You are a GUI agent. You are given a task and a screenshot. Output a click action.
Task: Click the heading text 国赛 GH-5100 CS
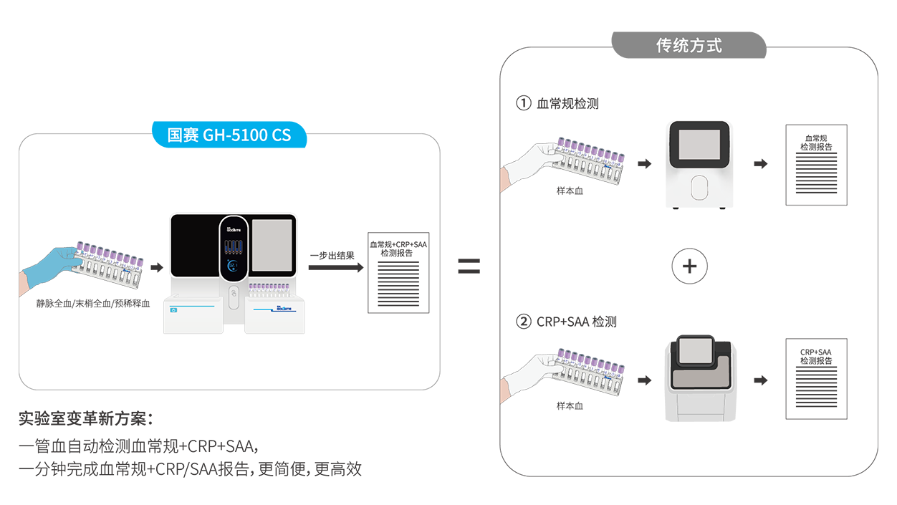(x=229, y=135)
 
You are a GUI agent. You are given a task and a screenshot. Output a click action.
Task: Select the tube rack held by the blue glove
(x=111, y=263)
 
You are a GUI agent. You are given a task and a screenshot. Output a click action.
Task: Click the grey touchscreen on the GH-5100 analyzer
(x=273, y=244)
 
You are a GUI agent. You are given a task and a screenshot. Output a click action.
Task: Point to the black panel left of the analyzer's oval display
(x=194, y=244)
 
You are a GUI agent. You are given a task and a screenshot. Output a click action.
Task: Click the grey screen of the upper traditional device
(x=699, y=144)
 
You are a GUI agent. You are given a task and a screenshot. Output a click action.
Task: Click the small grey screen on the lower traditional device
(x=694, y=350)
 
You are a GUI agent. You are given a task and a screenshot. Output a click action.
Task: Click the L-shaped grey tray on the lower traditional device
(x=699, y=373)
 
